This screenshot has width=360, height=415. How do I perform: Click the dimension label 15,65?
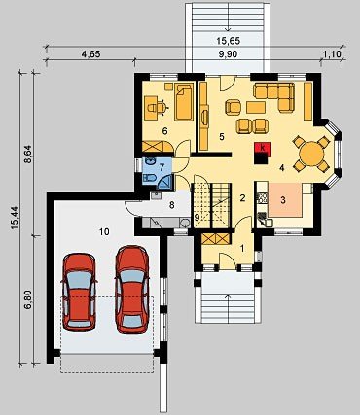(228, 41)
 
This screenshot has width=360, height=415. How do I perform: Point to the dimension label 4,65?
(90, 54)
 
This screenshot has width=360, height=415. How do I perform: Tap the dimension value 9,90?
(228, 54)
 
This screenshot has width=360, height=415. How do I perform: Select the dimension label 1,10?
(332, 54)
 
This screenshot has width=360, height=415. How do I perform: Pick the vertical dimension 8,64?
(29, 155)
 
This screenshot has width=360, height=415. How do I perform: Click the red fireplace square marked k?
(263, 148)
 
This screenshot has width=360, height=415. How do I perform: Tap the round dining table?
(310, 154)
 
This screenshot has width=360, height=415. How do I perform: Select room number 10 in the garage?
(104, 231)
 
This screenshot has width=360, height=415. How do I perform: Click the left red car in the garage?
(79, 292)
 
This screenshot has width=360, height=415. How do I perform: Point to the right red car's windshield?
(132, 276)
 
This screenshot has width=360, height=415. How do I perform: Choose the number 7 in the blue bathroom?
(162, 167)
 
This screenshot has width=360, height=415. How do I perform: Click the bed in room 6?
(184, 101)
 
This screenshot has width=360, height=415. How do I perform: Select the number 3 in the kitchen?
(283, 200)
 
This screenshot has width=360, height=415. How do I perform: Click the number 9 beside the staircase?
(196, 217)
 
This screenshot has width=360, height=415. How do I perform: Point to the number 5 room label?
(222, 137)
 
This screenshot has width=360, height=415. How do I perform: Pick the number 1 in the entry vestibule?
(242, 248)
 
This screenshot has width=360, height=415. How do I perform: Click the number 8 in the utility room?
(172, 205)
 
